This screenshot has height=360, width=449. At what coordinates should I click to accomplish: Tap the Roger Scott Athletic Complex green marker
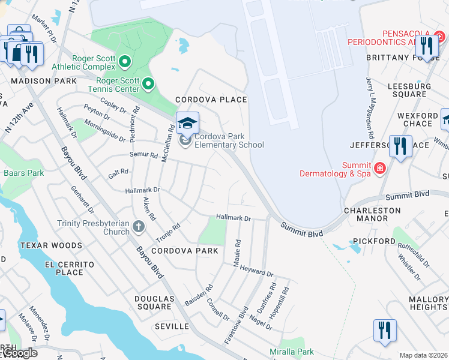coord(125,61)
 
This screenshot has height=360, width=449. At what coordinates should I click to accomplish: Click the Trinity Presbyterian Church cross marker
coord(139,226)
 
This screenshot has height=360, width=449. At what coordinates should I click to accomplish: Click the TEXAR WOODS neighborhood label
coord(50,245)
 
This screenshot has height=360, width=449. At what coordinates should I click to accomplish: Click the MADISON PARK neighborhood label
coord(43,81)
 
